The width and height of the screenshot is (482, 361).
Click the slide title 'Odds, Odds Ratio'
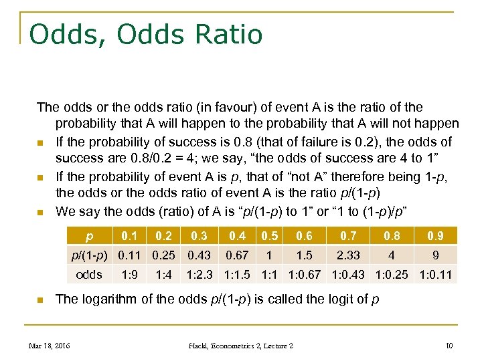tap(147, 34)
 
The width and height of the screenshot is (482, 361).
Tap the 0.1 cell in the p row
tap(129, 236)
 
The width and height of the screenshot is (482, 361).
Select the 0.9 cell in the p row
tap(436, 236)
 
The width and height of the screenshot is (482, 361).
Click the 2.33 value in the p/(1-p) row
tap(349, 255)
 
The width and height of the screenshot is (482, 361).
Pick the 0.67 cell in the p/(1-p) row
tap(238, 255)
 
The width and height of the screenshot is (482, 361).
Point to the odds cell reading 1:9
tap(129, 274)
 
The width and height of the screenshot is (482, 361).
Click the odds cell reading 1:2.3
tap(200, 274)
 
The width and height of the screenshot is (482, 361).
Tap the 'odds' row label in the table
tap(90, 274)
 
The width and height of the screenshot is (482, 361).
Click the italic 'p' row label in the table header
tap(90, 236)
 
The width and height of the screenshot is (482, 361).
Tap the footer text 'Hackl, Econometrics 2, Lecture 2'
tap(240, 346)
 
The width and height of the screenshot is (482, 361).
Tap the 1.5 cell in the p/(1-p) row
tap(305, 255)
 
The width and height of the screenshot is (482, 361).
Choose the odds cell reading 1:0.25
tap(390, 274)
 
